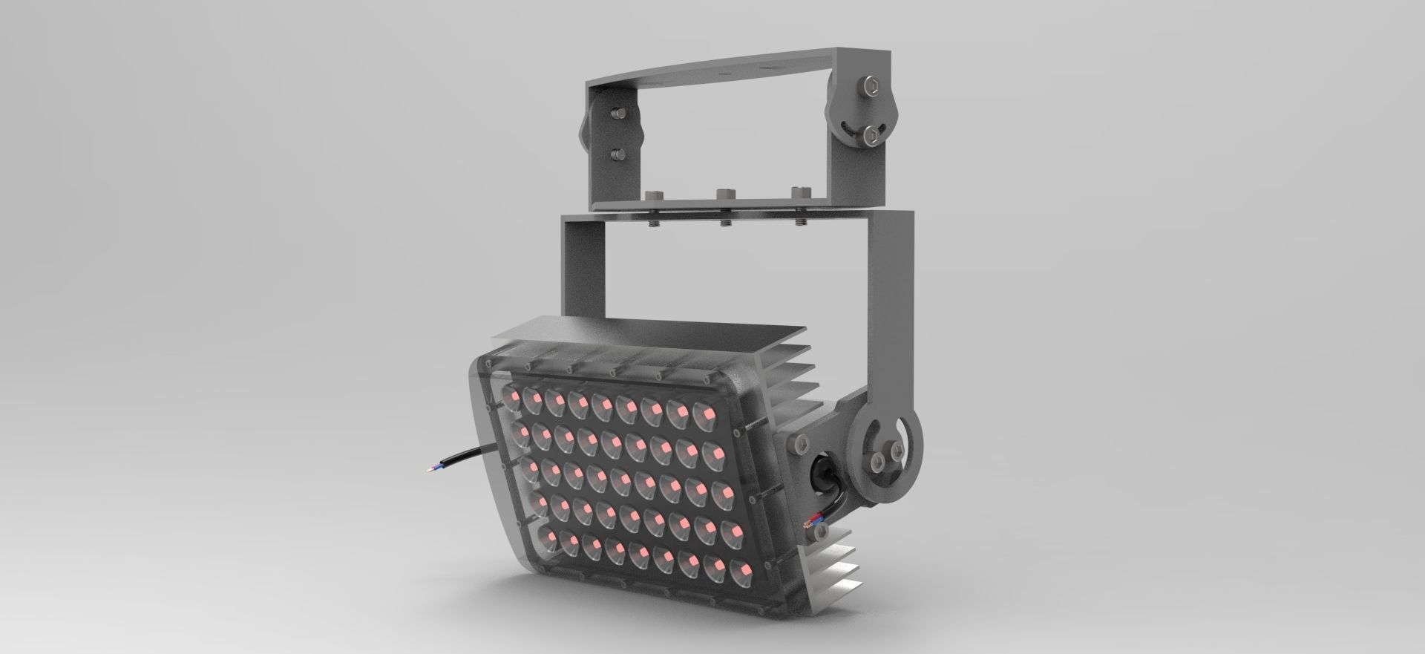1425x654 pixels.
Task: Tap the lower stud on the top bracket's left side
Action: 615,154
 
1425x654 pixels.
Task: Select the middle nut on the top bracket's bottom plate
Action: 724,195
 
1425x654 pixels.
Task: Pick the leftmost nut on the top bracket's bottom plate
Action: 654,196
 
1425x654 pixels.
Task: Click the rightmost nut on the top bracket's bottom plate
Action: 799,193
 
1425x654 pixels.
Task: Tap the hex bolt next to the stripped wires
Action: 821,532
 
